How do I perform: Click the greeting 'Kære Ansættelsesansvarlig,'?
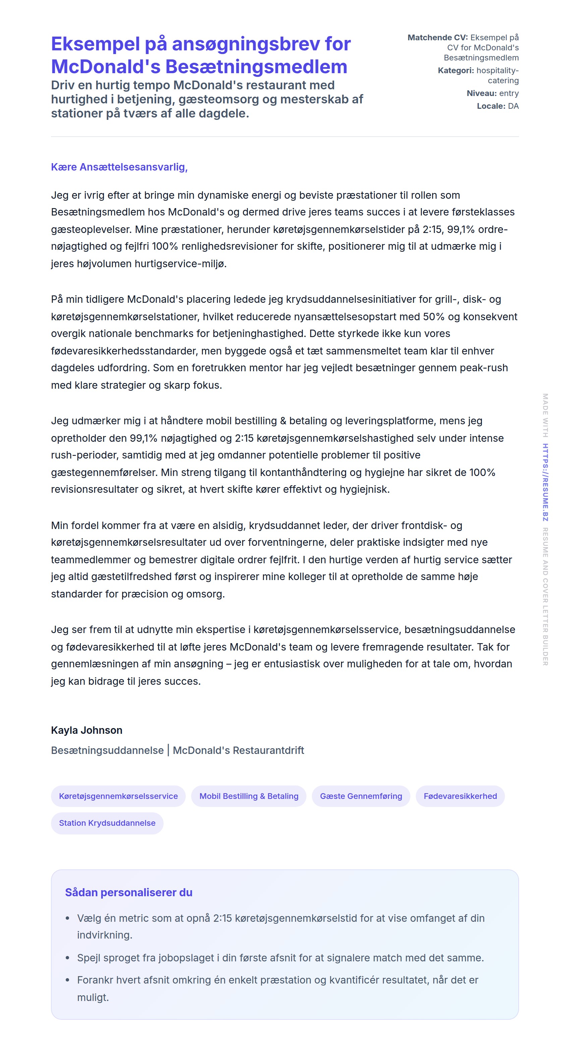pyautogui.click(x=119, y=167)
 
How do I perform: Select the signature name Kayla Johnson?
pyautogui.click(x=87, y=730)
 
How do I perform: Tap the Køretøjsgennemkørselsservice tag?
pyautogui.click(x=118, y=796)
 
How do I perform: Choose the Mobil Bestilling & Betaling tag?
pyautogui.click(x=248, y=796)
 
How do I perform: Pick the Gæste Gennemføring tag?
pyautogui.click(x=361, y=796)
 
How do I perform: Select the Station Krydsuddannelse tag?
pyautogui.click(x=107, y=823)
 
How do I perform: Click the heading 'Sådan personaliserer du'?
pyautogui.click(x=128, y=892)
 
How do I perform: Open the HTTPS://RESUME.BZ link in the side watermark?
pyautogui.click(x=545, y=482)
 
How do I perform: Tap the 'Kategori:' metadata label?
pyautogui.click(x=455, y=70)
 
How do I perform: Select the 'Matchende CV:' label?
pyautogui.click(x=438, y=38)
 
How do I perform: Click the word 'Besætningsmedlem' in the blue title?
pyautogui.click(x=256, y=66)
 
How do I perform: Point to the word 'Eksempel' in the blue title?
pyautogui.click(x=95, y=44)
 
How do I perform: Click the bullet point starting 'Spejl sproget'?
pyautogui.click(x=280, y=958)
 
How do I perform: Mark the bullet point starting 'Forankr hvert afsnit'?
pyautogui.click(x=277, y=980)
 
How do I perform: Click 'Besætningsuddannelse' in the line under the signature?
pyautogui.click(x=107, y=750)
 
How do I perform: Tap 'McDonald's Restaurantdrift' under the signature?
pyautogui.click(x=238, y=750)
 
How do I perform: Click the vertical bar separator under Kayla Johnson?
pyautogui.click(x=168, y=750)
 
